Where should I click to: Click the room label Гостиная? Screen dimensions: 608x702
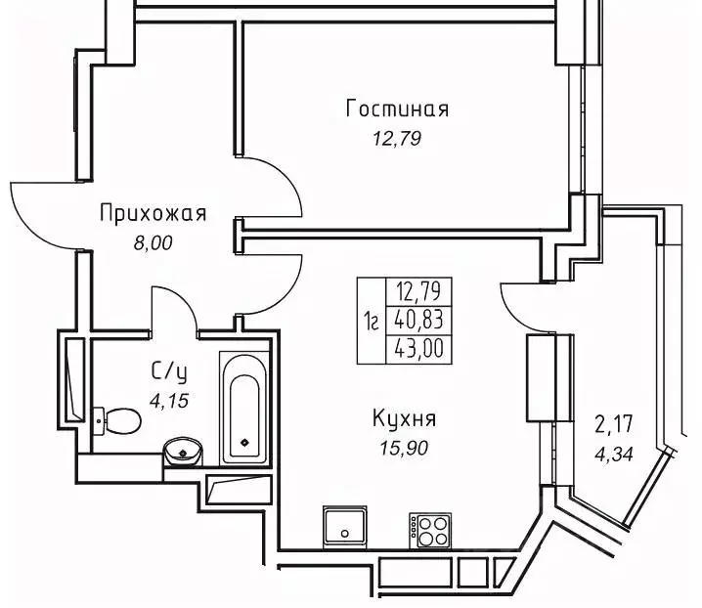point(397,109)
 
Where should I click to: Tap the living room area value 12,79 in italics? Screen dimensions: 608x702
point(397,139)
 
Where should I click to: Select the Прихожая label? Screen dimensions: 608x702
point(153,213)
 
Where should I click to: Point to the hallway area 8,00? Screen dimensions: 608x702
point(153,243)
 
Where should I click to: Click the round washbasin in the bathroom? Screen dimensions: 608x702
point(181,453)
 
